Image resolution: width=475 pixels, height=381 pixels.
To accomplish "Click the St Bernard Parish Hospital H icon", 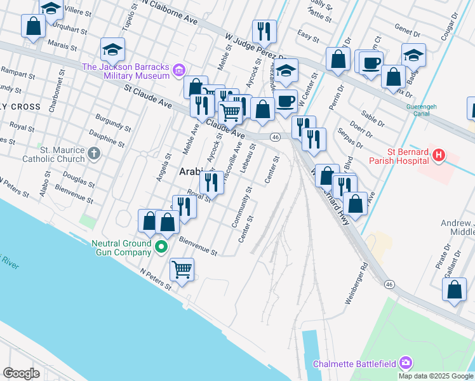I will pyautogui.click(x=438, y=155).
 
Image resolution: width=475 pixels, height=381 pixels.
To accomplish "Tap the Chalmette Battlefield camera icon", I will pyautogui.click(x=405, y=364).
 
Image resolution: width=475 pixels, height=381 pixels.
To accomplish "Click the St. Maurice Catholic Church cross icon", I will pyautogui.click(x=94, y=153).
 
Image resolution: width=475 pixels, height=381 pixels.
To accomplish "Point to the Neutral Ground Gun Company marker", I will pyautogui.click(x=162, y=247).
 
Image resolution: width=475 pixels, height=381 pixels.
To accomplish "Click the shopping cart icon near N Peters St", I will pyautogui.click(x=182, y=270).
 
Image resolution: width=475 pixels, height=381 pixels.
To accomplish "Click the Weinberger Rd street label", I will pyautogui.click(x=356, y=283).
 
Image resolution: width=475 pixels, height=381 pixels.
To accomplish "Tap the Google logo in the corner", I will pyautogui.click(x=22, y=373).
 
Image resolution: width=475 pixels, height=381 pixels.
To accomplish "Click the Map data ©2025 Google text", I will pyautogui.click(x=435, y=376).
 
